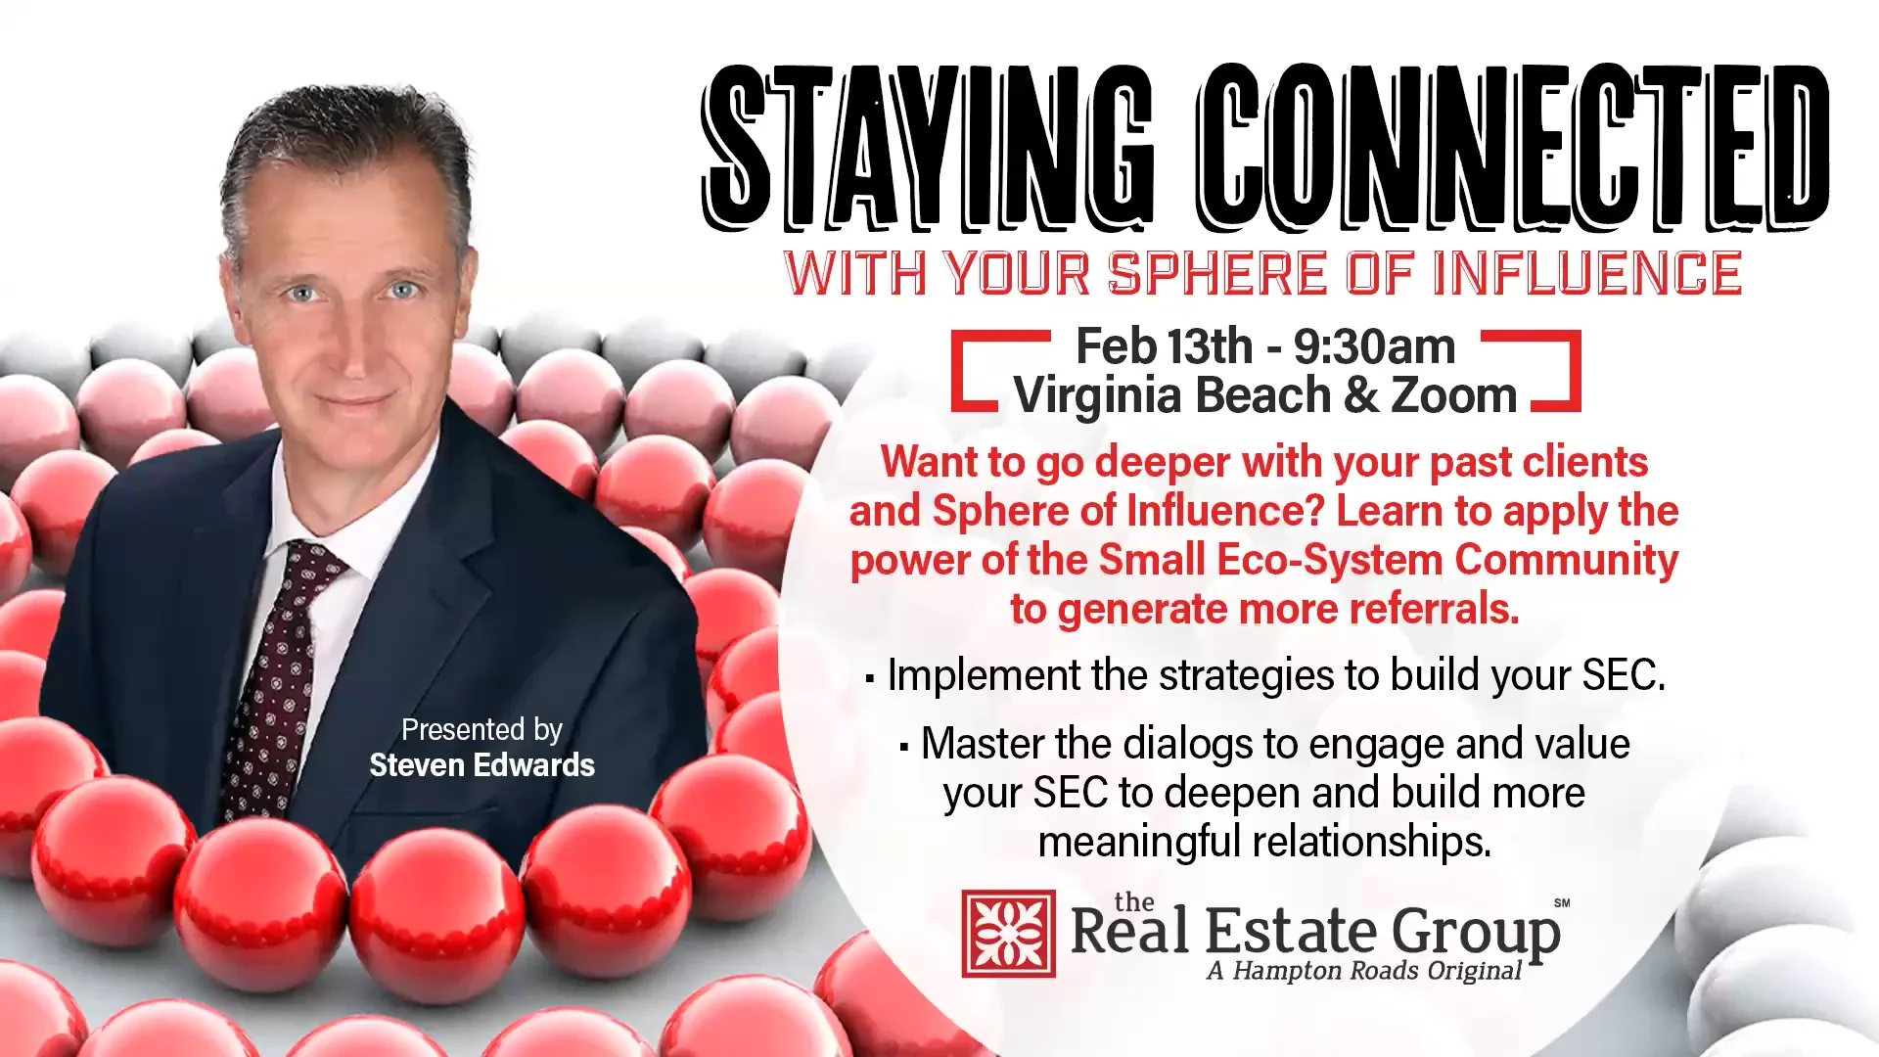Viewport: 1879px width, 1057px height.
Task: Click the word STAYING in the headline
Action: pyautogui.click(x=925, y=147)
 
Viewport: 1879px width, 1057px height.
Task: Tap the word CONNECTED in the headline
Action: pyautogui.click(x=1512, y=147)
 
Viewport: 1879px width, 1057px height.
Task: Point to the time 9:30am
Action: pyautogui.click(x=1375, y=346)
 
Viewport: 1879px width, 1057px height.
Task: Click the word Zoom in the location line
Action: pyautogui.click(x=1454, y=395)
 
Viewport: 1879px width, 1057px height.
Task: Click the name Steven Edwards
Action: pyautogui.click(x=481, y=765)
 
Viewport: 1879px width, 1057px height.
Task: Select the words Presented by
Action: pyautogui.click(x=481, y=730)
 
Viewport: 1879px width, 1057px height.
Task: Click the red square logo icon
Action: pyautogui.click(x=1008, y=934)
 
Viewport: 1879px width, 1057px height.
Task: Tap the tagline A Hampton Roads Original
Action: pyautogui.click(x=1364, y=971)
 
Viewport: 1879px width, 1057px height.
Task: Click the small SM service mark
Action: pyautogui.click(x=1562, y=903)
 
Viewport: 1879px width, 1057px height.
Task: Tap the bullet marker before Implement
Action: pyautogui.click(x=870, y=677)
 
